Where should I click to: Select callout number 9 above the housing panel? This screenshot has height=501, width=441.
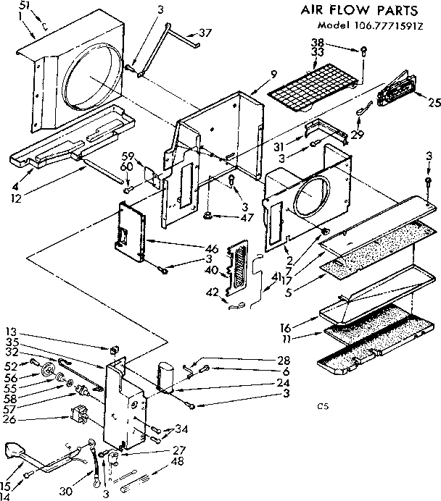tap(252, 73)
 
